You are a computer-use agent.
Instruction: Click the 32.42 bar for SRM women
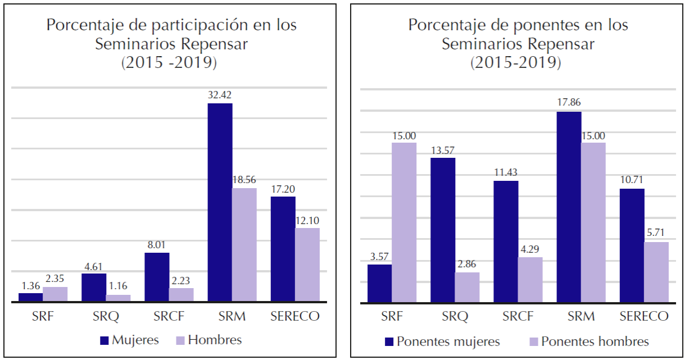point(220,203)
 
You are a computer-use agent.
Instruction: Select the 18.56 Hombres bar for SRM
point(244,245)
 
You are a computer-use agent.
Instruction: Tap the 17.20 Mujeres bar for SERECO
point(283,249)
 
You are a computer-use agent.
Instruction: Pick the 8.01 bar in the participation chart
point(157,277)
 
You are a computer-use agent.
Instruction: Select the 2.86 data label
point(467,263)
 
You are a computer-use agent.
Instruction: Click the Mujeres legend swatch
point(104,340)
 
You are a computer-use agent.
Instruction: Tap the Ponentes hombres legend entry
point(595,341)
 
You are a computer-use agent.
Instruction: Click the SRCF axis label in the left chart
point(169,316)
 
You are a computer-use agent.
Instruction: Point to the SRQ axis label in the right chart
point(455,317)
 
